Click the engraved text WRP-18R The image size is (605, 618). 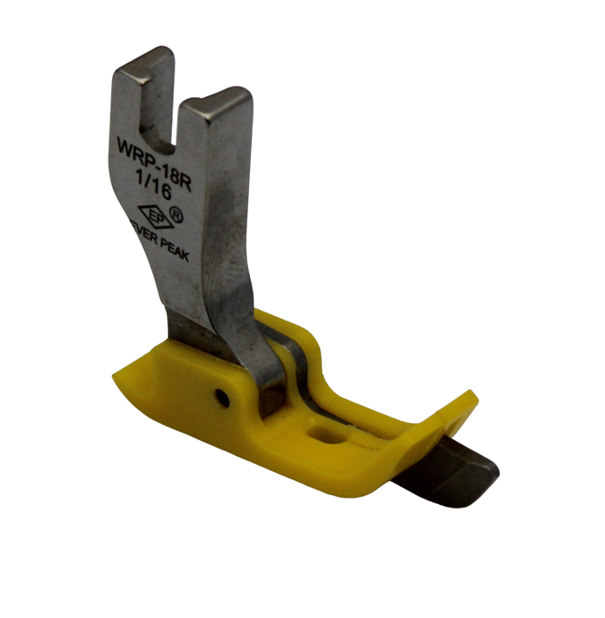(x=155, y=161)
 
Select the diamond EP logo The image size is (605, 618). (x=156, y=216)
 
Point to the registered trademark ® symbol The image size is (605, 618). (x=175, y=215)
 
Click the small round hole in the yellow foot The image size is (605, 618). (x=222, y=398)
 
